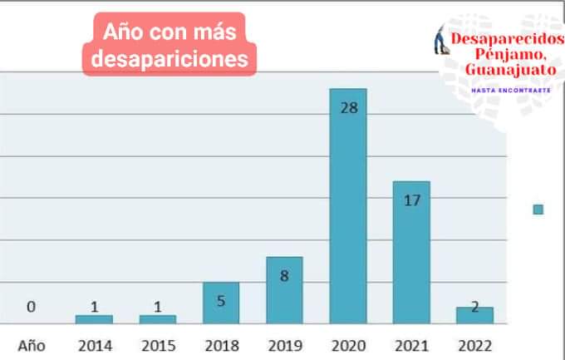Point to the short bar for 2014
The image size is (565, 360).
pos(94,319)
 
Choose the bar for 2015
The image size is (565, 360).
pos(158,319)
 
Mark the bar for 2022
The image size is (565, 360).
pos(474,315)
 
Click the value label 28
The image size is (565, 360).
pos(348,107)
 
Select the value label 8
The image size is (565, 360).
pos(284,275)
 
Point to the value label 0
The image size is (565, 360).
pos(31,307)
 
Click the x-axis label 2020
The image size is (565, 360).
pos(348,345)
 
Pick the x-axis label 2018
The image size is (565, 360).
pos(221,345)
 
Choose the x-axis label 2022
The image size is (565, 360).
pos(474,345)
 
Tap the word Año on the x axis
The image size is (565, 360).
pos(31,345)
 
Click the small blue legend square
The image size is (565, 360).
pos(538,210)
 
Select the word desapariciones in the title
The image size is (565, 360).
pos(170,59)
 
